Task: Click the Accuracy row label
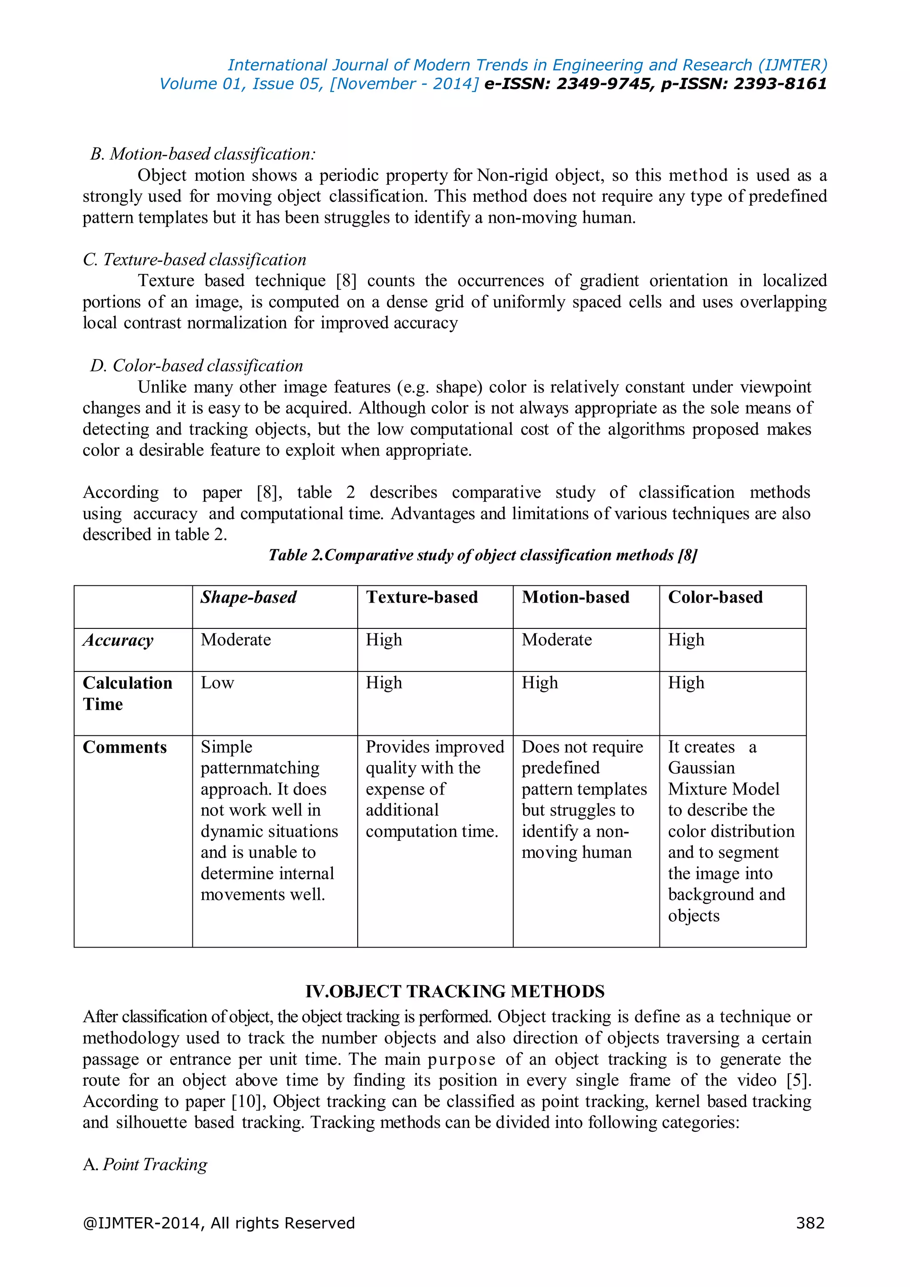118,640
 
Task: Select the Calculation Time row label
127,693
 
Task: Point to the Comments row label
124,747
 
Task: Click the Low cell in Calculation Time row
217,683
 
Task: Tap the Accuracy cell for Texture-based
384,640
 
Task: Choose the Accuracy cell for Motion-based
556,640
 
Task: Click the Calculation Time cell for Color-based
686,683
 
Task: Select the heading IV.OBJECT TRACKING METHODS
455,991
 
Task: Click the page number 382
810,1223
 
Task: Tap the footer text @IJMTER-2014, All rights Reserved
219,1223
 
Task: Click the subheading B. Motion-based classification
203,154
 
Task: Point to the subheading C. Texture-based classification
195,260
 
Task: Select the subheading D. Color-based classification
196,366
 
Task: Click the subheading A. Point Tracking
145,1165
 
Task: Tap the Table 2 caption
483,555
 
